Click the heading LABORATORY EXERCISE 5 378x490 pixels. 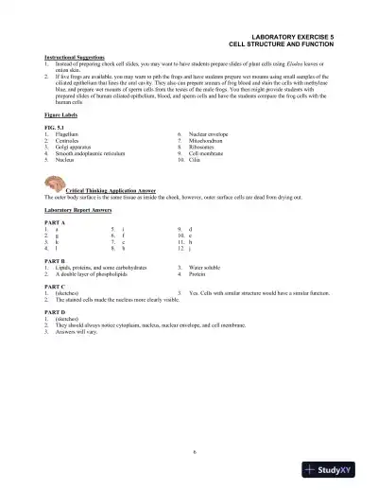pos(293,35)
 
